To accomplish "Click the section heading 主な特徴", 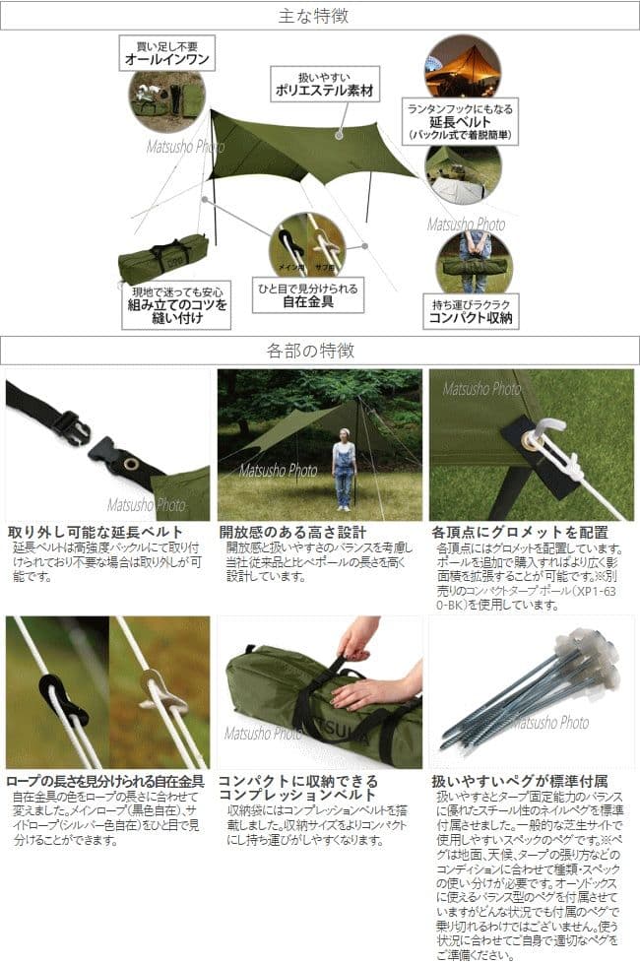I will click(319, 16).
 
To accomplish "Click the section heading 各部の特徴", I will click(319, 350).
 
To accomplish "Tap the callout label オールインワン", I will click(166, 57).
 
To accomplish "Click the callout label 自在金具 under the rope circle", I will click(307, 301).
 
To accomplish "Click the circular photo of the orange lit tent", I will click(462, 64).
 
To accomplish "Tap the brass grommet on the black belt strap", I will click(129, 461).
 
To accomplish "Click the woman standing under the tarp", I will click(344, 474).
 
